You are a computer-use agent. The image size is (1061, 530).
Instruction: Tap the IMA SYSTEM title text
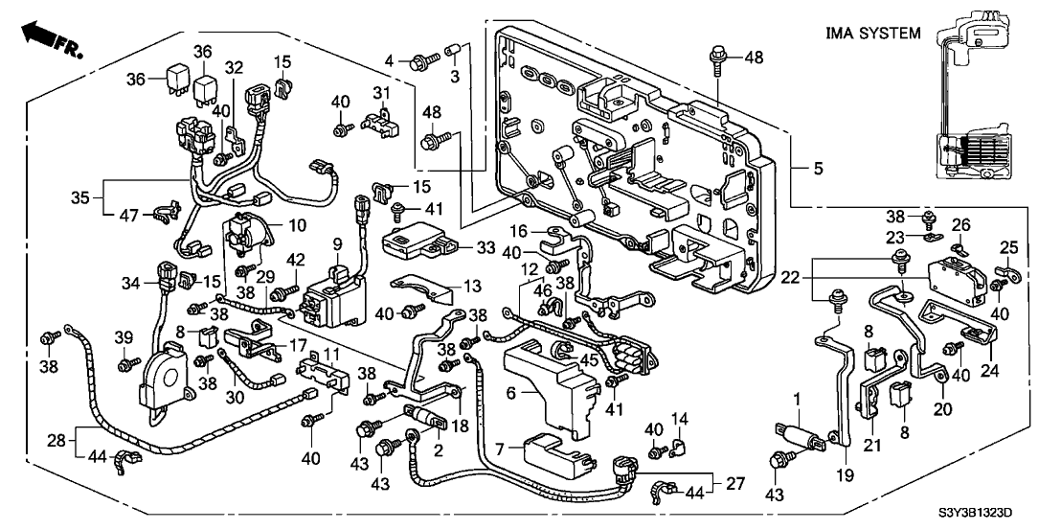[872, 34]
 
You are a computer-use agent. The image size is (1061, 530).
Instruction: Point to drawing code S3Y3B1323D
[995, 515]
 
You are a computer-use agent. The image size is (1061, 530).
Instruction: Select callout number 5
[817, 170]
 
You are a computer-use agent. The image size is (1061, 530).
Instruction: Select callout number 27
[734, 483]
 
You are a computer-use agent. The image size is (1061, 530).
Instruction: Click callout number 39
[124, 338]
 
